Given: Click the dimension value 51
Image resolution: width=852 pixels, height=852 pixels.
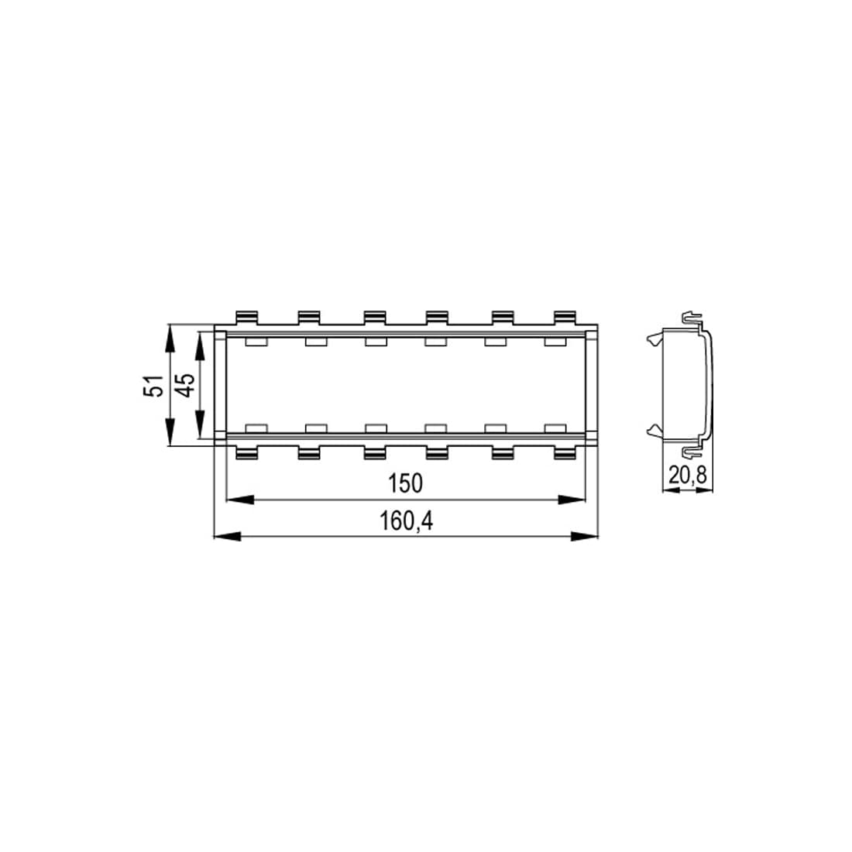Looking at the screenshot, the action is tap(154, 386).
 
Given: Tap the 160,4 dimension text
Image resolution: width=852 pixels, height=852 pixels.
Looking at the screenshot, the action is tap(407, 521).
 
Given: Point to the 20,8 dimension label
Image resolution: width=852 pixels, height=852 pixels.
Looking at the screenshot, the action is tap(688, 476).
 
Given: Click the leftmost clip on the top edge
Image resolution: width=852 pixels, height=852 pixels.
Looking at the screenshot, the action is tap(246, 318).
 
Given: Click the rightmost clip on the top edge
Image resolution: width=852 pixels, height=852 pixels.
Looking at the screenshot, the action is tap(565, 318).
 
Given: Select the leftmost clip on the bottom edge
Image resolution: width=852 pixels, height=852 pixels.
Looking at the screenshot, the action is tap(246, 452).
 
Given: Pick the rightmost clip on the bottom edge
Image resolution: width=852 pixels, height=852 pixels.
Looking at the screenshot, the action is tap(565, 452).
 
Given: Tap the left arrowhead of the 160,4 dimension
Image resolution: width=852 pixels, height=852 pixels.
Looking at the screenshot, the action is tap(227, 536).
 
